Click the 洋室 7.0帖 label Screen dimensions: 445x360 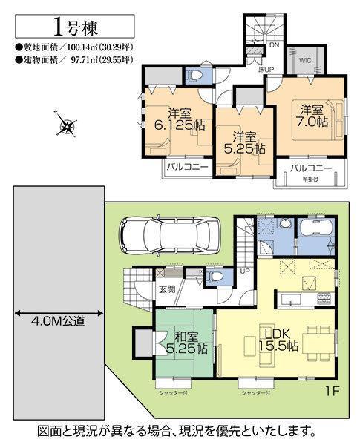coord(312,117)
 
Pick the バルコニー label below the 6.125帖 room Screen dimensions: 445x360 coord(186,168)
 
